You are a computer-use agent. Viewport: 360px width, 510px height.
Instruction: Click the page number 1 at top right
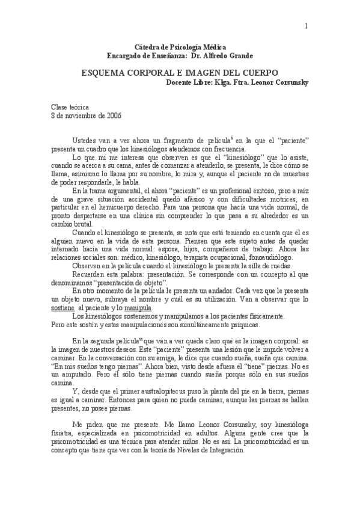click(306, 25)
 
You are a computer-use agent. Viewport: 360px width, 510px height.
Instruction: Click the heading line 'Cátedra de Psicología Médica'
click(180, 48)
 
